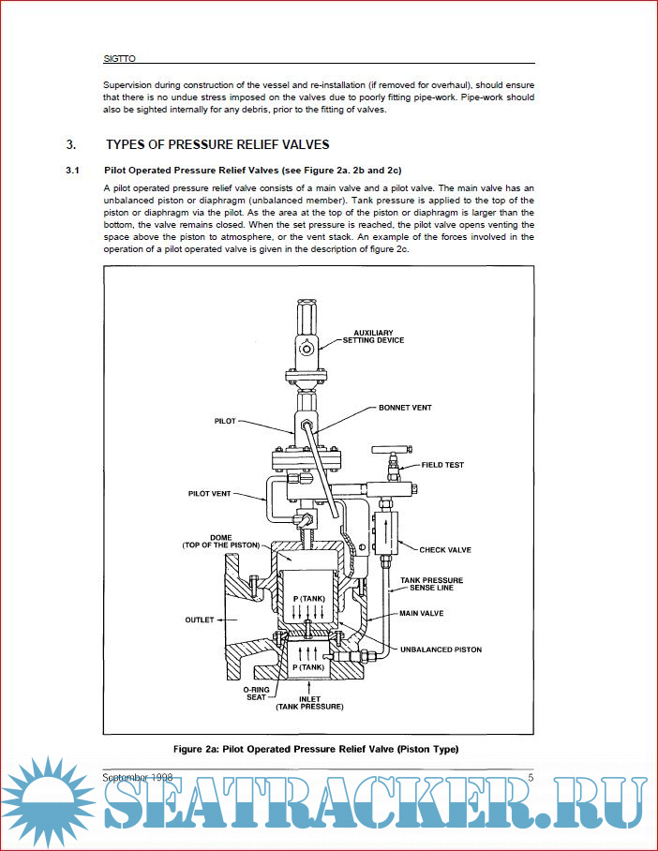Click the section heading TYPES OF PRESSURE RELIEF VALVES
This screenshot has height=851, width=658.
tap(217, 144)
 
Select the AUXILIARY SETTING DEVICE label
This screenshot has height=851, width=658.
tap(379, 336)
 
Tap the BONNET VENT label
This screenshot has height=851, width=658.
tap(404, 409)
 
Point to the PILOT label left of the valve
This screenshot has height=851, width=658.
tap(225, 422)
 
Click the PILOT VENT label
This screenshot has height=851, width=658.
tap(210, 493)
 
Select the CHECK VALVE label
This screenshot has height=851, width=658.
tap(444, 550)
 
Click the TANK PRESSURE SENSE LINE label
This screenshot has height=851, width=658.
tap(431, 584)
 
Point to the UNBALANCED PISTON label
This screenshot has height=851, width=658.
tap(441, 649)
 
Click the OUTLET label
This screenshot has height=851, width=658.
tap(201, 620)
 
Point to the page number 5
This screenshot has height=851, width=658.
tap(531, 777)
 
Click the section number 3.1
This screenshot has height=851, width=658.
tap(72, 171)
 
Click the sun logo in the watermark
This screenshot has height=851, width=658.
tap(48, 801)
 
